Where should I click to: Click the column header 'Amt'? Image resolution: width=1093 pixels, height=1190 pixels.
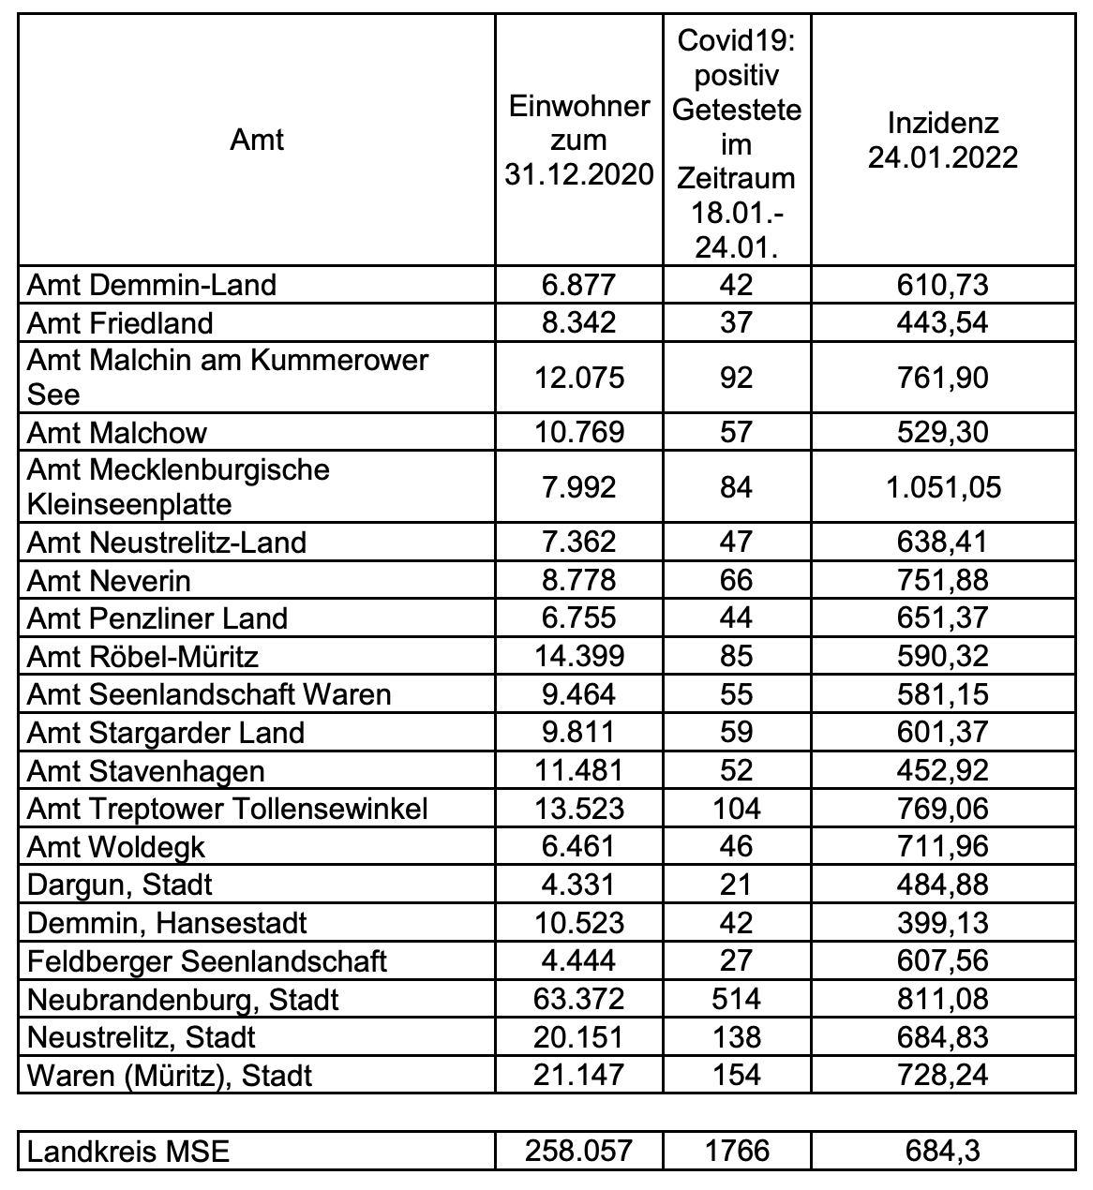tap(257, 141)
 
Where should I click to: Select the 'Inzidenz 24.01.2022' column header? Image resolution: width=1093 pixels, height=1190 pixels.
tap(942, 141)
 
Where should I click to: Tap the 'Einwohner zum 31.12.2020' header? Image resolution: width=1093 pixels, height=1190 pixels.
tap(578, 141)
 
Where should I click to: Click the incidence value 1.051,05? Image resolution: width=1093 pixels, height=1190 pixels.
tap(942, 487)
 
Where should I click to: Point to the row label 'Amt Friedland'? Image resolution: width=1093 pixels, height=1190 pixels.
tap(120, 323)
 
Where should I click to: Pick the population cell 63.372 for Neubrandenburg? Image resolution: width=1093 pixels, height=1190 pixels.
tap(578, 1000)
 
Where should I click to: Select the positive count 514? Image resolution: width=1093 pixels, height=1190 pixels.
tap(737, 1000)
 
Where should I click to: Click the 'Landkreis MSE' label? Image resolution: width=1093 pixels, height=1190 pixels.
tap(128, 1151)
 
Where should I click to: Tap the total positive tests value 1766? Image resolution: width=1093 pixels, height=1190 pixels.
tap(737, 1151)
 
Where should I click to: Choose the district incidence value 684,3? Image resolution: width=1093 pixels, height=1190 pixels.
tap(942, 1151)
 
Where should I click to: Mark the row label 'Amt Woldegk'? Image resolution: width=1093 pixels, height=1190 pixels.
tap(116, 847)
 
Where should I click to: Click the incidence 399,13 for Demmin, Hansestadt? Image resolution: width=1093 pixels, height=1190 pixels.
tap(942, 923)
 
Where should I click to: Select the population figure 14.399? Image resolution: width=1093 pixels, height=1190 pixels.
tap(578, 656)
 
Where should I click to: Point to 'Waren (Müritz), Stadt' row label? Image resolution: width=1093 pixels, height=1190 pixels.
tap(170, 1076)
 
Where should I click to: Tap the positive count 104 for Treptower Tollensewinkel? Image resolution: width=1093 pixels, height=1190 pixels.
tap(737, 809)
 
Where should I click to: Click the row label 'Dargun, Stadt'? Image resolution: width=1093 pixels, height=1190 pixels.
tap(120, 885)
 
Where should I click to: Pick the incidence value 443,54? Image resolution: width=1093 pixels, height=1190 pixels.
tap(942, 323)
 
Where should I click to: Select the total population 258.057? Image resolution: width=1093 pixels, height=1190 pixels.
tap(578, 1151)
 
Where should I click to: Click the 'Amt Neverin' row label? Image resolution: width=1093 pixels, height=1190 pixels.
tap(109, 581)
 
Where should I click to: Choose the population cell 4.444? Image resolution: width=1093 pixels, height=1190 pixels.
tap(578, 961)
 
